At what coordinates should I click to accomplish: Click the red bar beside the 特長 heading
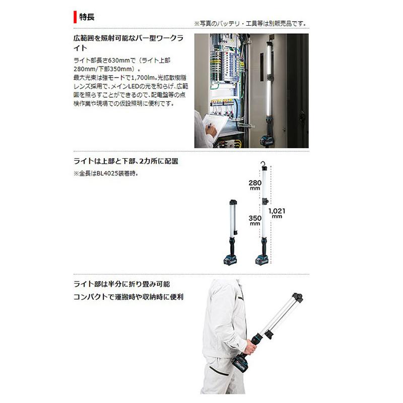[75, 17]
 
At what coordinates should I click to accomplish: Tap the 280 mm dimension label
[254, 184]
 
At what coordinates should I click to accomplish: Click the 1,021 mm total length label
[277, 213]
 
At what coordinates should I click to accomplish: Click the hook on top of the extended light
[263, 163]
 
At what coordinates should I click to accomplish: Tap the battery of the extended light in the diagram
[262, 260]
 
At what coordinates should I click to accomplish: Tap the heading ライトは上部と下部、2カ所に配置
[125, 161]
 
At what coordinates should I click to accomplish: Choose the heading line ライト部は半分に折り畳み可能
[125, 285]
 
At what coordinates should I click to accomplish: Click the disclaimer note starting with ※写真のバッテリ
[250, 24]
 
